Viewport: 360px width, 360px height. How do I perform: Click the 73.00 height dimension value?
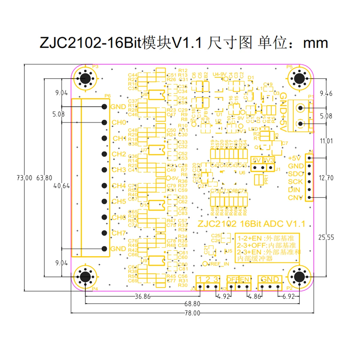click(x=24, y=178)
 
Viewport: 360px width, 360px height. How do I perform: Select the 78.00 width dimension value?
click(x=192, y=313)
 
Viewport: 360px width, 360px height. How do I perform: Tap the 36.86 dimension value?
click(x=142, y=296)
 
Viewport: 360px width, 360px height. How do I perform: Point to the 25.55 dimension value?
click(x=326, y=237)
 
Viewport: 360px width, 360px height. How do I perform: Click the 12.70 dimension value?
click(x=326, y=178)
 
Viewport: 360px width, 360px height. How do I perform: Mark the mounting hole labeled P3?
click(x=86, y=78)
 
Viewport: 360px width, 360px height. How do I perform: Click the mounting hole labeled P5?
click(x=299, y=78)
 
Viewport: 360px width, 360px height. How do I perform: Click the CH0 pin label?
click(x=119, y=122)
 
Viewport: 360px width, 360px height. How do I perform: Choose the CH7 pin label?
click(x=119, y=233)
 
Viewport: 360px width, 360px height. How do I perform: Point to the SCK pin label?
click(x=295, y=182)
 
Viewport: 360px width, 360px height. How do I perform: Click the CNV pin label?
click(x=295, y=198)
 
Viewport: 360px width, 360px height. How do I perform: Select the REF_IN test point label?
click(x=220, y=264)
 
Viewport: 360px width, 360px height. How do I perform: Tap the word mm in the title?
click(x=315, y=43)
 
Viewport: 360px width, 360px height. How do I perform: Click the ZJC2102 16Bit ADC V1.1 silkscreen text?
click(x=251, y=224)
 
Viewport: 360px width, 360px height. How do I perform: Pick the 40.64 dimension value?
click(x=61, y=186)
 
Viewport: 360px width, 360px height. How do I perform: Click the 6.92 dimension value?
click(x=289, y=296)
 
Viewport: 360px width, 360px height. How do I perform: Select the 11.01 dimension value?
click(x=326, y=141)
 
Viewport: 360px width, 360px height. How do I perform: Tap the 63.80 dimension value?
click(x=44, y=178)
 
